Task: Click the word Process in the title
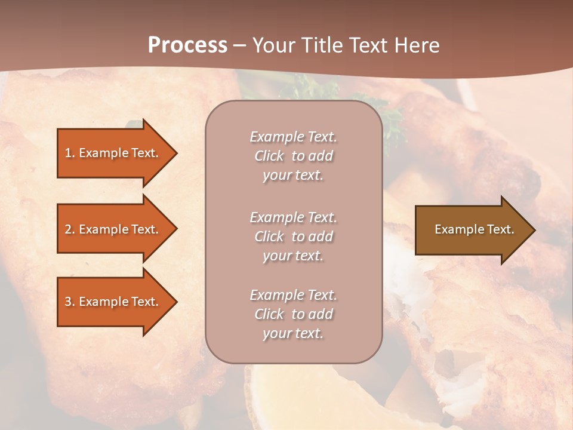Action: (187, 45)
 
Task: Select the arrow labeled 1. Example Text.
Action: (113, 153)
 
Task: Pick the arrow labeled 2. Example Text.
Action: (113, 229)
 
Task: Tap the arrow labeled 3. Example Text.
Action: (113, 302)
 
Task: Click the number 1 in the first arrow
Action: (68, 153)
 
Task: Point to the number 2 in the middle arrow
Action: (68, 229)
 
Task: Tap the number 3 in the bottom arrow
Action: (68, 302)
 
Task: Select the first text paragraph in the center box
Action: (293, 156)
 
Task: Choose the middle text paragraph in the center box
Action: (293, 236)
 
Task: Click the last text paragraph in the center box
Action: (293, 314)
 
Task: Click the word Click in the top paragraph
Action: (269, 156)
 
